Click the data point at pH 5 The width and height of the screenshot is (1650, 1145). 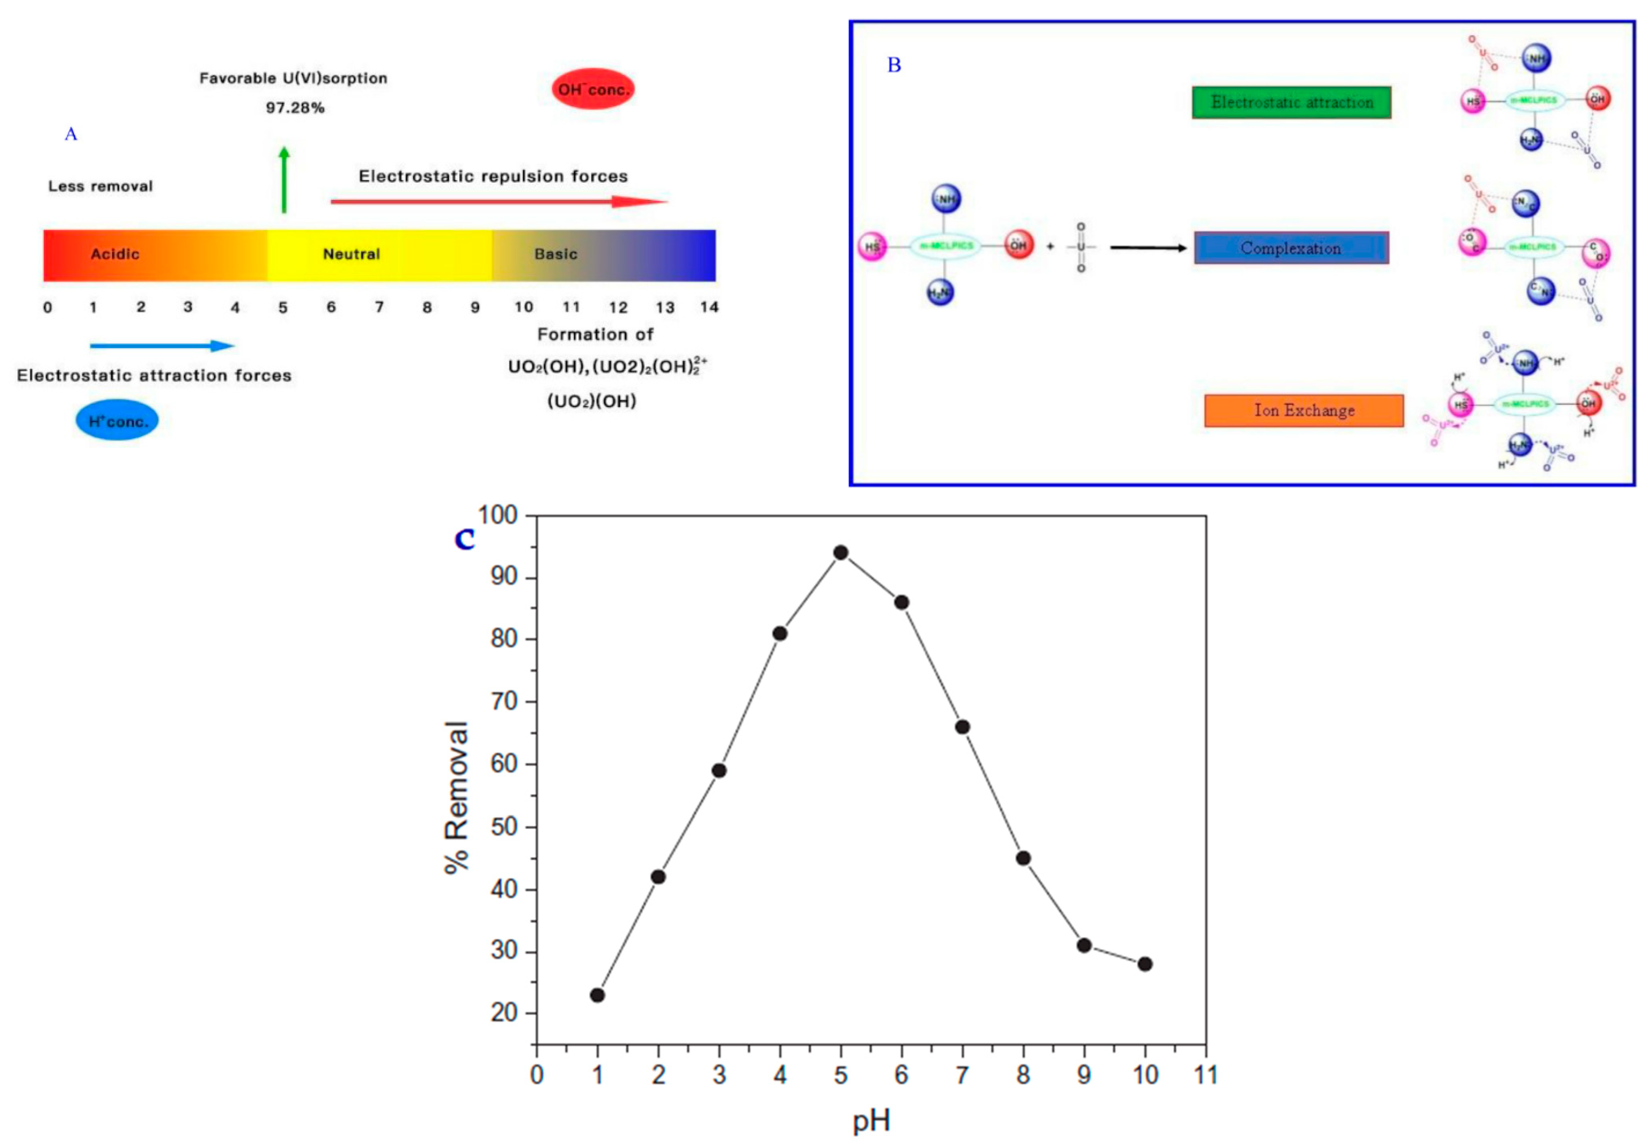841,552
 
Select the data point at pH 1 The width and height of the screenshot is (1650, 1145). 597,995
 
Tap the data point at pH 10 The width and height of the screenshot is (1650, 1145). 1145,964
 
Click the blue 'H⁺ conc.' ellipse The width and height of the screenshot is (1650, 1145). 117,421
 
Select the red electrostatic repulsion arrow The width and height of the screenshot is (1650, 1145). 499,201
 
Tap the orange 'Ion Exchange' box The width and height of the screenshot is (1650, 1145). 1304,411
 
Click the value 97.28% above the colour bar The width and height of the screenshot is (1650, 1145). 295,108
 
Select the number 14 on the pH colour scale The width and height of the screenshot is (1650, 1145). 709,307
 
